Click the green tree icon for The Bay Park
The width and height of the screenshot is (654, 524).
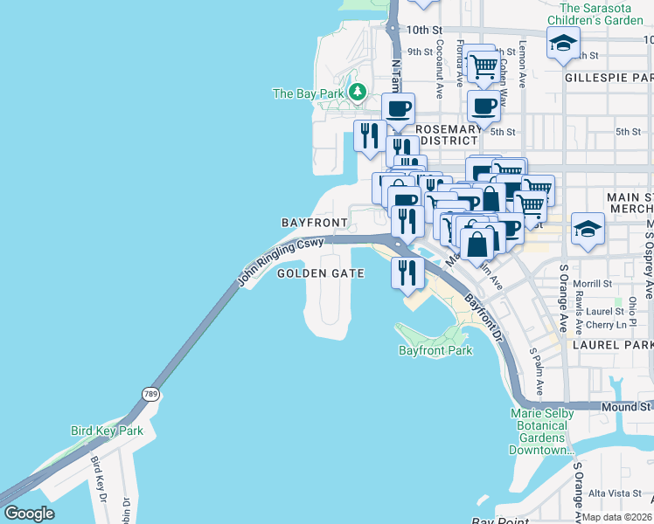356,93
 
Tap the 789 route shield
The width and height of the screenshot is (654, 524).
152,394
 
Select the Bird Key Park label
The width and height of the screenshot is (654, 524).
106,431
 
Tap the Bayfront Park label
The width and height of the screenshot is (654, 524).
435,350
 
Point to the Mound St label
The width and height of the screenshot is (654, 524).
625,407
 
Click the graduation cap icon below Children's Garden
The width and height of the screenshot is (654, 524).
564,42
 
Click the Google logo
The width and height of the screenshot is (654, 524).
29,514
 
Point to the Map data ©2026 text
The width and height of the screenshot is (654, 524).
616,517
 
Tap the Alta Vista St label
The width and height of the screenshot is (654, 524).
616,493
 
